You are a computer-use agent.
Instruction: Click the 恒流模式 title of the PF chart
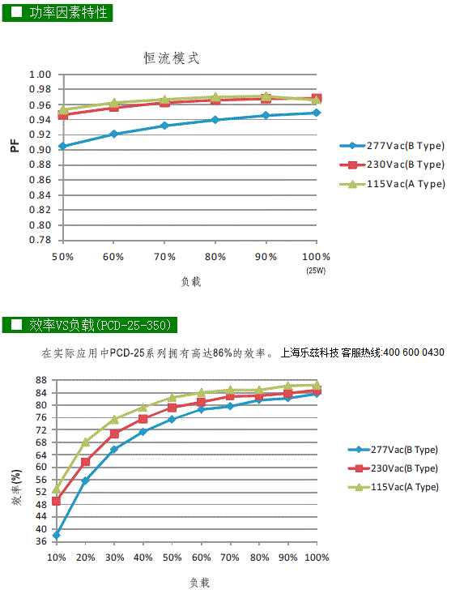(172, 58)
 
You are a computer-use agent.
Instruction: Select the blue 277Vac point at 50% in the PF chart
(63, 146)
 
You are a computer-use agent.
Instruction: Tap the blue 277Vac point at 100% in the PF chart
(317, 113)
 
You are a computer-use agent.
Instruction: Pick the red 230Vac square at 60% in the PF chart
(113, 107)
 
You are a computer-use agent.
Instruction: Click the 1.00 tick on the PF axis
(40, 75)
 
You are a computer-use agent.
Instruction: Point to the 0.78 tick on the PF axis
(40, 240)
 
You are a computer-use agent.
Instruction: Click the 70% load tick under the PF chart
(164, 257)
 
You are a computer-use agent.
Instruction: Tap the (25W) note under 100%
(316, 271)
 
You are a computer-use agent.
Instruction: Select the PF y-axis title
(15, 146)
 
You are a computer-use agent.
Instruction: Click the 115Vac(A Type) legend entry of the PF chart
(393, 184)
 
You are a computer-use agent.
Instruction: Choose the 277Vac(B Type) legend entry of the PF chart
(392, 146)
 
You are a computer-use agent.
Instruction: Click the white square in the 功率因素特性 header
(16, 12)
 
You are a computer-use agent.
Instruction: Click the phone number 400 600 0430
(414, 352)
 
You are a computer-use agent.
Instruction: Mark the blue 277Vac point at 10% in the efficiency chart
(57, 535)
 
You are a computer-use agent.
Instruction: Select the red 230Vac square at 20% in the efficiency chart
(85, 462)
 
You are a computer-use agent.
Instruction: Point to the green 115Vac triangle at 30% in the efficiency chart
(114, 420)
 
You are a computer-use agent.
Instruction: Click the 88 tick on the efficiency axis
(41, 380)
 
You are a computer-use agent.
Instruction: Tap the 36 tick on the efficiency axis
(41, 541)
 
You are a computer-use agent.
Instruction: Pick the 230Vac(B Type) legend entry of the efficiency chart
(393, 468)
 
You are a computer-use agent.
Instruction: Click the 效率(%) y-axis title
(16, 488)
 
